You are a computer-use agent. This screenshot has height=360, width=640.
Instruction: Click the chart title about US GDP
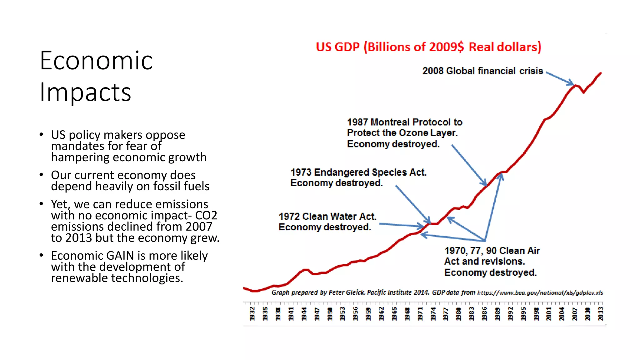point(428,47)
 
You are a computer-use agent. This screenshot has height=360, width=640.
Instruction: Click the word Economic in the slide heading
point(96,61)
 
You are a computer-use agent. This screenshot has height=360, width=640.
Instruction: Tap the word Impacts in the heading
point(85,92)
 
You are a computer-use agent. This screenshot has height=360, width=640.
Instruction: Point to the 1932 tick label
point(252,313)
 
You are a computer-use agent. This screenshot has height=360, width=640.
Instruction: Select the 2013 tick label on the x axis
point(600,313)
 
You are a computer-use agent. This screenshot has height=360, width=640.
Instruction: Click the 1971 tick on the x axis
point(420,313)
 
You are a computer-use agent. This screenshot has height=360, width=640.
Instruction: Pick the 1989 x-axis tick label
point(497,313)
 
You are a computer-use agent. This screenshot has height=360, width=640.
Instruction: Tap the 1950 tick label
point(330,313)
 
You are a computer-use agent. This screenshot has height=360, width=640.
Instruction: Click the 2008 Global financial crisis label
point(482,71)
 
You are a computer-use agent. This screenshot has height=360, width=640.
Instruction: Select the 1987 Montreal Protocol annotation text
point(404,133)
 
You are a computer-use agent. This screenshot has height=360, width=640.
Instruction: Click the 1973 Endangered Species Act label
point(358,177)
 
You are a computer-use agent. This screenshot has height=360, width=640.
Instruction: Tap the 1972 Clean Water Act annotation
point(327,222)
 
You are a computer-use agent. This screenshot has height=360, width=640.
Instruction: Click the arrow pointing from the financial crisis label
point(560,78)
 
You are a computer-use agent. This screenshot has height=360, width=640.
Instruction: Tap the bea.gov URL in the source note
point(540,293)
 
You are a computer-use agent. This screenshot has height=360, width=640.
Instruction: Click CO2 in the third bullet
point(206,215)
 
